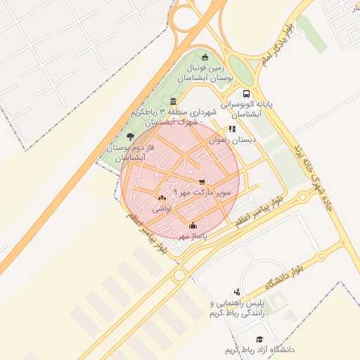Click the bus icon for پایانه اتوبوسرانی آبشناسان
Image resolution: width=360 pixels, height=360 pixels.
[246, 94]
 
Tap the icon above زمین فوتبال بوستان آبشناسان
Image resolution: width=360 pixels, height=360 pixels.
[205, 58]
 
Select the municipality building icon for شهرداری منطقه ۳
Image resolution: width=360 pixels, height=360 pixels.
[173, 102]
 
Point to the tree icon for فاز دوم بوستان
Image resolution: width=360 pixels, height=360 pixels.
[130, 136]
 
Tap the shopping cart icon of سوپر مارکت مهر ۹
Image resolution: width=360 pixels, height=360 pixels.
[202, 181]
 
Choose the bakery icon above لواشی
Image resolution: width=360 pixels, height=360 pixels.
[162, 198]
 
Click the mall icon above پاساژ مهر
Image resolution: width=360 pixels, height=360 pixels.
[193, 226]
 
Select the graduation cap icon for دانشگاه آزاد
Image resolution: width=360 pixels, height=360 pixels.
[259, 339]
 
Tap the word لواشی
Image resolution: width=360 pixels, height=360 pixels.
[162, 209]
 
